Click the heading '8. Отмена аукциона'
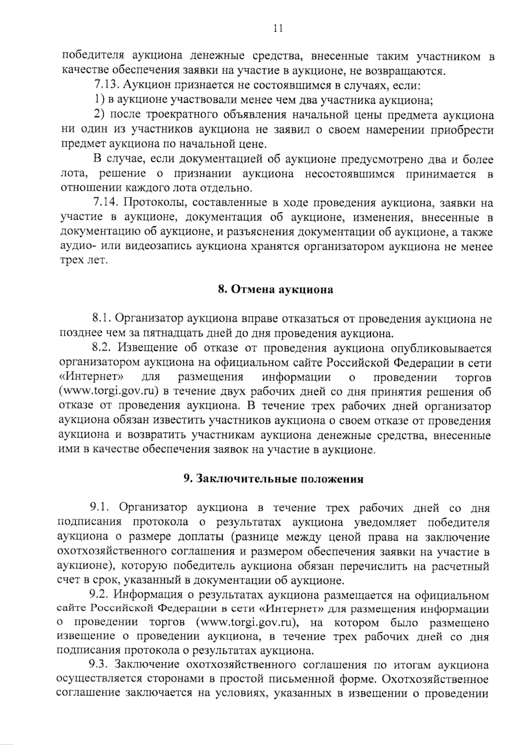click(x=276, y=290)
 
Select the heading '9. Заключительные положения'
click(x=273, y=479)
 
